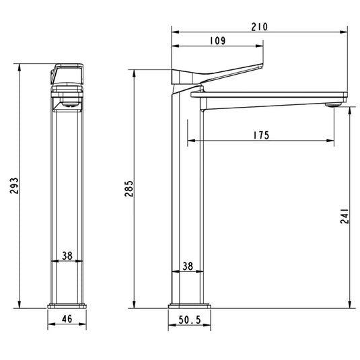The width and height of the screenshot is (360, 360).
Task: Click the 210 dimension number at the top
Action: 260,27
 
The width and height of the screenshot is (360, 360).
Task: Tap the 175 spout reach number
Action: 262,136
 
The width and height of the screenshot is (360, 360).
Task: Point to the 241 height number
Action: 345,215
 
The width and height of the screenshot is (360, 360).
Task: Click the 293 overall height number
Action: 14,186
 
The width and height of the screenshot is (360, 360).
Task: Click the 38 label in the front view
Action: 67,256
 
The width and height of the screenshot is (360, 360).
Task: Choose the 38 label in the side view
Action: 188,266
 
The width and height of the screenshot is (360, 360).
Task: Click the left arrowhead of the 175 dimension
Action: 190,141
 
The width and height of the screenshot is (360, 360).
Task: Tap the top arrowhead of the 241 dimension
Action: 351,112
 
